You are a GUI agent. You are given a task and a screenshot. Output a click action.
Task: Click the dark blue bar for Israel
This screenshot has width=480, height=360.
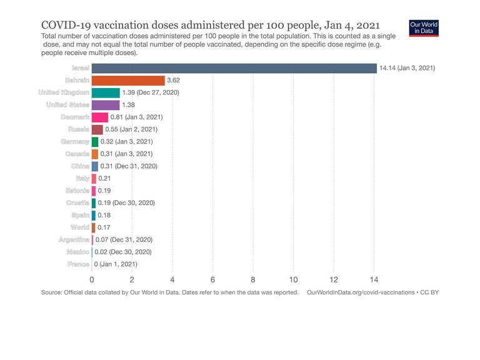click(234, 68)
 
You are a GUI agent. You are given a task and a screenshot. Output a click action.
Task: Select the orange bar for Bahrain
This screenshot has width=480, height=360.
click(128, 81)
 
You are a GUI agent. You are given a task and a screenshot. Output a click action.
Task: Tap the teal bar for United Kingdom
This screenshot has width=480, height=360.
click(106, 92)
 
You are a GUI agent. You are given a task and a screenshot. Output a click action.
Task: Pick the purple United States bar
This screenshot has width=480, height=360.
click(106, 105)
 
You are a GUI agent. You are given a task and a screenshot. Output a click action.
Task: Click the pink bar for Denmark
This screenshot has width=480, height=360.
click(100, 117)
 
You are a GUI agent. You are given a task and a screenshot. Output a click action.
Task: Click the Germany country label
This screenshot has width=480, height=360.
click(75, 142)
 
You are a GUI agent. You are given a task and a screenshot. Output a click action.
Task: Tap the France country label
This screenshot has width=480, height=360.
click(78, 264)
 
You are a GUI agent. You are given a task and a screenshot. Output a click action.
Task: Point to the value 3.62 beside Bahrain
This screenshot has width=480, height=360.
click(174, 81)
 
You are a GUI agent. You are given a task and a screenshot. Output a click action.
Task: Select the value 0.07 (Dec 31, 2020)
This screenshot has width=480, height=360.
click(124, 239)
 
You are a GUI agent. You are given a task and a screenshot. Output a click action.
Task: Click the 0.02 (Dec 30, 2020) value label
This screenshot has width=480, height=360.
click(123, 252)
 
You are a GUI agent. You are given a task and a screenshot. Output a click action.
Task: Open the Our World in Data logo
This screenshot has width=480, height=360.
click(424, 28)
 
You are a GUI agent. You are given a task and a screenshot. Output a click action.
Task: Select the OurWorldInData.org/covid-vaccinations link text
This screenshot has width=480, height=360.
click(361, 292)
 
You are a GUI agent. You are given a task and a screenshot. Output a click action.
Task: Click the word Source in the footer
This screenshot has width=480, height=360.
click(51, 292)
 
